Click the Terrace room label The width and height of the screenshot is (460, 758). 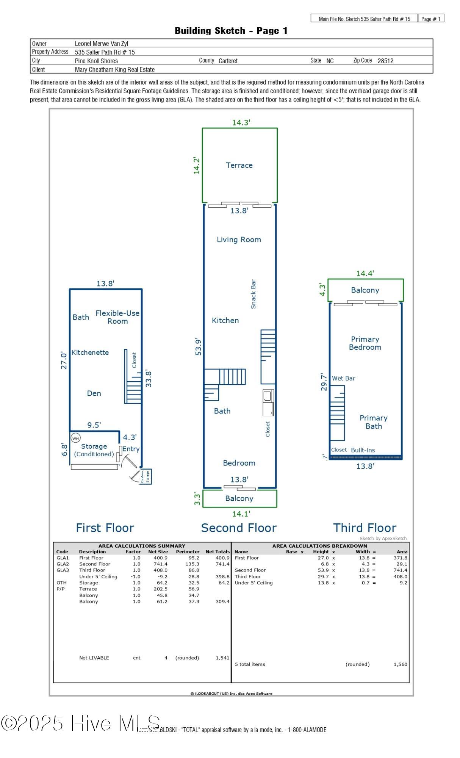pyautogui.click(x=239, y=165)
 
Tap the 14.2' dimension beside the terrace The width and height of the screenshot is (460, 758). pyautogui.click(x=197, y=165)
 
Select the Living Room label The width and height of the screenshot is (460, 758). pyautogui.click(x=239, y=240)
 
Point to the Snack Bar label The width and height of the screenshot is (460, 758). pyautogui.click(x=253, y=294)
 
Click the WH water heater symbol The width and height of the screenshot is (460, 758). pyautogui.click(x=76, y=439)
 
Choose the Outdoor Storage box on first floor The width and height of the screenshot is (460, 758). pyautogui.click(x=146, y=476)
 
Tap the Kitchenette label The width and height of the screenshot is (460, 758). pyautogui.click(x=90, y=352)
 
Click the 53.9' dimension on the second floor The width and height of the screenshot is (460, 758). pyautogui.click(x=198, y=346)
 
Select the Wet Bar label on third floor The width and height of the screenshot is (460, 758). pyautogui.click(x=343, y=378)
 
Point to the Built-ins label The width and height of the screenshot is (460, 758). pyautogui.click(x=363, y=450)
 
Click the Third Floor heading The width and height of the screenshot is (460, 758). pyautogui.click(x=365, y=528)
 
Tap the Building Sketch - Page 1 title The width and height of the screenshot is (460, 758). pyautogui.click(x=231, y=31)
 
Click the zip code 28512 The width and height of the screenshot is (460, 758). pyautogui.click(x=385, y=61)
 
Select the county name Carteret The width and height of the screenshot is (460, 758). pyautogui.click(x=228, y=61)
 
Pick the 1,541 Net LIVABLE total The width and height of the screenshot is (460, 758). pyautogui.click(x=222, y=658)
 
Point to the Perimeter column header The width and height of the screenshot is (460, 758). pyautogui.click(x=188, y=551)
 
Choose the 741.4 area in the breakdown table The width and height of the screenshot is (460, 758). pyautogui.click(x=400, y=570)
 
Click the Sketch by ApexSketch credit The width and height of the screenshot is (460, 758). pyautogui.click(x=383, y=538)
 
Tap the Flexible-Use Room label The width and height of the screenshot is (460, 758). pyautogui.click(x=117, y=317)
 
